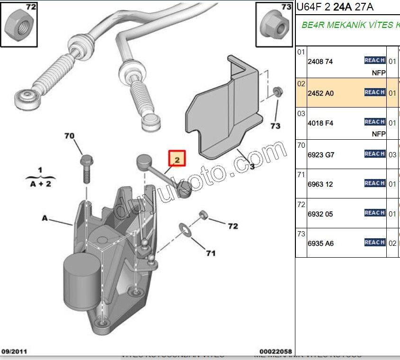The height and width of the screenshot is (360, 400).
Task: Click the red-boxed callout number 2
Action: pos(177,159)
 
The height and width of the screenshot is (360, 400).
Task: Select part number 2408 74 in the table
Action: pos(320,62)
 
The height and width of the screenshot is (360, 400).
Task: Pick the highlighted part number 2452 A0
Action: pos(320,93)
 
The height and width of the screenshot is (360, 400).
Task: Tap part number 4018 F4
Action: pos(320,123)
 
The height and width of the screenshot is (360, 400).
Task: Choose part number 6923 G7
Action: pos(321,155)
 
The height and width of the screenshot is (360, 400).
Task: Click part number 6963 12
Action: pos(320,184)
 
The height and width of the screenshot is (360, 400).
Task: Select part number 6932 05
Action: pos(320,214)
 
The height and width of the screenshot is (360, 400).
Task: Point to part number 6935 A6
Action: pos(320,243)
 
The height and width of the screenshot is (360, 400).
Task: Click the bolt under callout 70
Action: pos(87,168)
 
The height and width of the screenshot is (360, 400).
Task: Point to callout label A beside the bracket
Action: pos(45,218)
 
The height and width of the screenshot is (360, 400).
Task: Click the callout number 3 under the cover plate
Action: pos(252,166)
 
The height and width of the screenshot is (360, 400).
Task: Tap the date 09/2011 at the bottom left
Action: pos(14,351)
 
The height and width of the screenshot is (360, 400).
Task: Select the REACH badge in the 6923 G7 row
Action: pos(374,153)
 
